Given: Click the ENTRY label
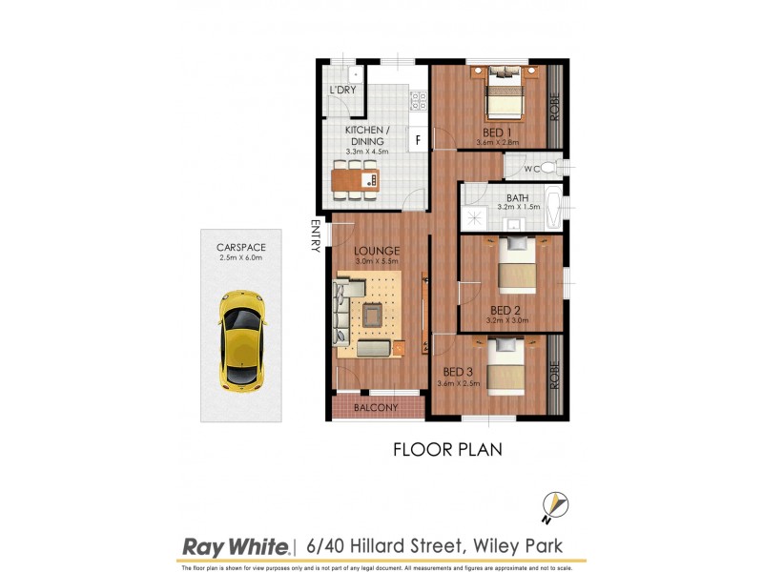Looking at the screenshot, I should pos(315,236).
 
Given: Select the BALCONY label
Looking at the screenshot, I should pos(376,407).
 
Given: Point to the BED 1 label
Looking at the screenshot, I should pos(497,132).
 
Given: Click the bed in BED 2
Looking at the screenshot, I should pos(516,267).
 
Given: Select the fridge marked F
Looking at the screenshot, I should pos(418,139).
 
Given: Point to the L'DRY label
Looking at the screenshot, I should pos(342,91).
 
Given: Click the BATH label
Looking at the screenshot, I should pos(518,198).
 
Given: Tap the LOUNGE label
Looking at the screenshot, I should pos(378,252).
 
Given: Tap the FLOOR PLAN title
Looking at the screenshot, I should pos(447,448).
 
